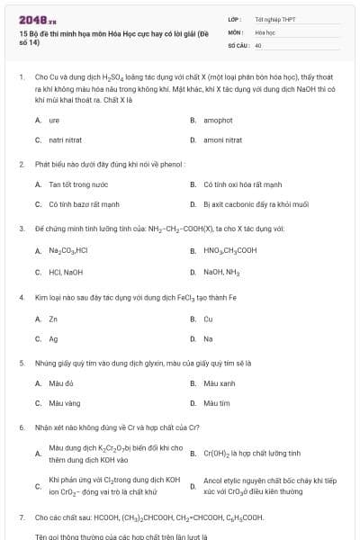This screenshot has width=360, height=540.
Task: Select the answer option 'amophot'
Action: [218, 120]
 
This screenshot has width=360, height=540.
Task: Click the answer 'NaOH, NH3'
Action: [221, 271]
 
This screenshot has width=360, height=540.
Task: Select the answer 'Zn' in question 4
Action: [53, 319]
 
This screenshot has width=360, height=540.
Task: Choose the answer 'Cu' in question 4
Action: [208, 319]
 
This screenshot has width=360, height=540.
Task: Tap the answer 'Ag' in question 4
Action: [53, 338]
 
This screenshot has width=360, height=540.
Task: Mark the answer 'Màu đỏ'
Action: [58, 383]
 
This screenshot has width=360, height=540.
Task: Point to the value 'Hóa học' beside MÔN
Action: [264, 31]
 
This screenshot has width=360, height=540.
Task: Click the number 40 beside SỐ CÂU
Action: [258, 44]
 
